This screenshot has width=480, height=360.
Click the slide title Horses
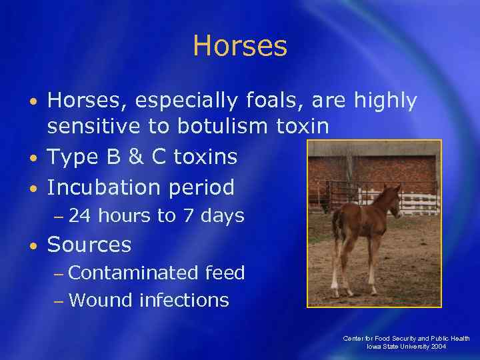(240, 47)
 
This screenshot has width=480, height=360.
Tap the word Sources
(89, 245)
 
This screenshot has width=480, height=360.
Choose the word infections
(184, 300)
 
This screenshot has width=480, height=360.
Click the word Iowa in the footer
(374, 347)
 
